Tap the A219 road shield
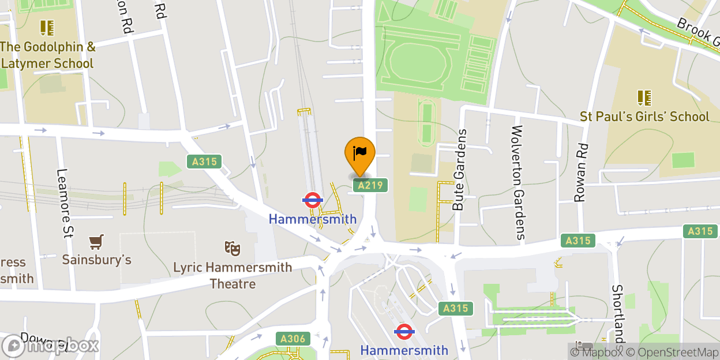[x=370, y=185]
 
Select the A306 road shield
[x=292, y=339]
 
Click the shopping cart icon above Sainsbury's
[x=96, y=242]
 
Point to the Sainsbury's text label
[x=97, y=260]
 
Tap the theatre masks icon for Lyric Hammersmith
[x=232, y=249]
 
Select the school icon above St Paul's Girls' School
[x=644, y=97]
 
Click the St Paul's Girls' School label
[x=644, y=117]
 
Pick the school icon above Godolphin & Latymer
[x=47, y=27]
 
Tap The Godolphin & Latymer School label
[x=47, y=55]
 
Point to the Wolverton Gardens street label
[x=517, y=182]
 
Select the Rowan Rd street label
[x=580, y=172]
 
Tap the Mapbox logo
[x=51, y=346]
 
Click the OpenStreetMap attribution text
[x=668, y=352]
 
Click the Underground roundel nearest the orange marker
[x=312, y=200]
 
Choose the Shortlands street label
[x=617, y=317]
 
